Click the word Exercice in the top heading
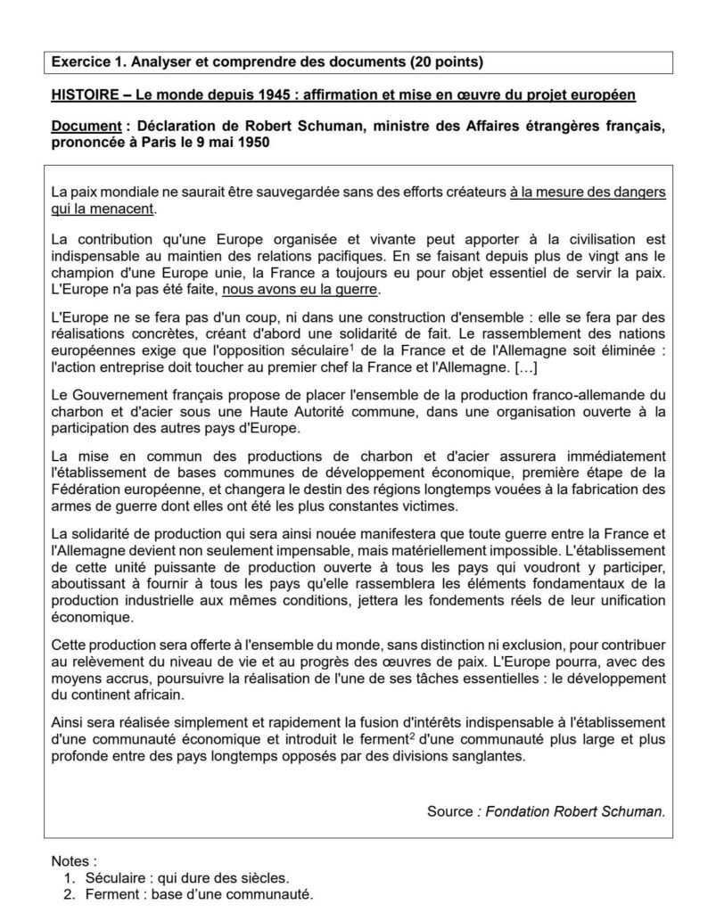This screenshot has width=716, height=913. (79, 62)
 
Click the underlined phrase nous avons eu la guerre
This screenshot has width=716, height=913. (300, 290)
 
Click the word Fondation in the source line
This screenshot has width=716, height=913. (519, 810)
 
